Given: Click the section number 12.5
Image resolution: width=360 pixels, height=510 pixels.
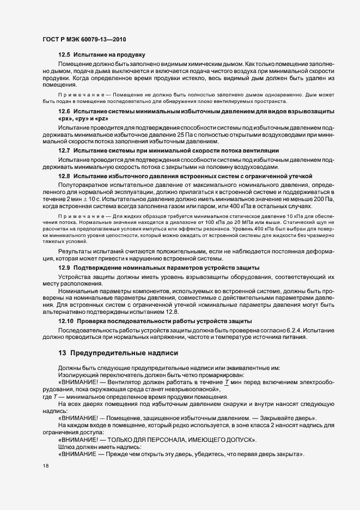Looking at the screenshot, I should [x=64, y=55].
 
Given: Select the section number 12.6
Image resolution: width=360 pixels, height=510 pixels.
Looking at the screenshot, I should [x=64, y=111].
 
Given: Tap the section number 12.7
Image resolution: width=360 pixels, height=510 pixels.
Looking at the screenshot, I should [x=64, y=150].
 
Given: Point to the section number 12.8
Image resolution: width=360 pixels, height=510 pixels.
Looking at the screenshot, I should [x=64, y=176].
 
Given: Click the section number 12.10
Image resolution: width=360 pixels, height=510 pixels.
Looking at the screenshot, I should [x=66, y=322].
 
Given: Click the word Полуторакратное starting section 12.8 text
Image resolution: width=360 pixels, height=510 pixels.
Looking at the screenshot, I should [x=84, y=185].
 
